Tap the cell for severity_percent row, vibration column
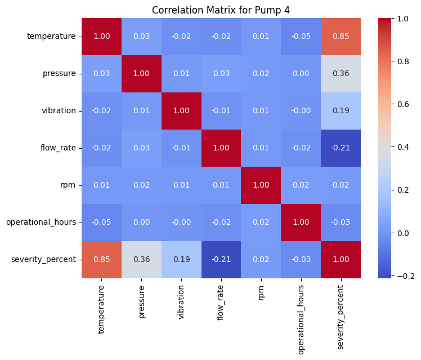[181, 259]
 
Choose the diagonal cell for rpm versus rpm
[260, 185]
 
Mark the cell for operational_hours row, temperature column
[101, 222]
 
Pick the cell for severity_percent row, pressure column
[141, 259]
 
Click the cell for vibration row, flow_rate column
[221, 111]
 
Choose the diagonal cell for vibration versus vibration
[181, 111]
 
